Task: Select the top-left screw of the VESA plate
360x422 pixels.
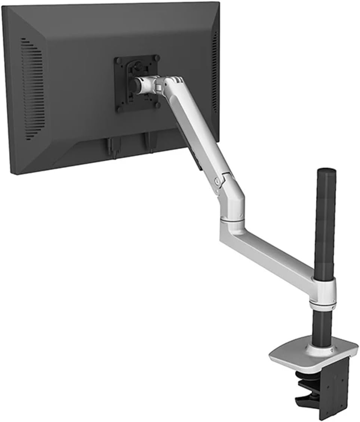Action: pyautogui.click(x=119, y=61)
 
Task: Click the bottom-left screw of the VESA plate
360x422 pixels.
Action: pyautogui.click(x=119, y=109)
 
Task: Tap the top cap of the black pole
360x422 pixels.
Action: pyautogui.click(x=326, y=172)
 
